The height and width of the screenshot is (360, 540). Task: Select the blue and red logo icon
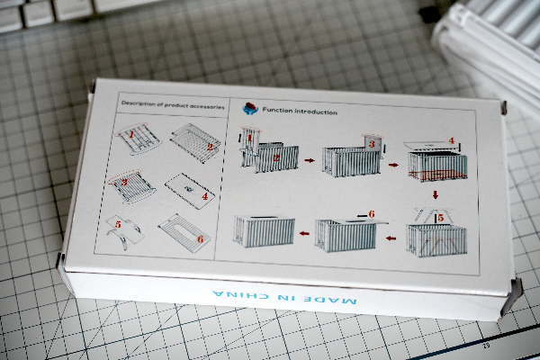click(x=250, y=108)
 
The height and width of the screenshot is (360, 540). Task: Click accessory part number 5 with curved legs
click(x=124, y=232)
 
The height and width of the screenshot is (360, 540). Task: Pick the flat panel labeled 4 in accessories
click(x=189, y=191)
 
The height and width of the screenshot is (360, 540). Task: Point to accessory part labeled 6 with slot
click(x=184, y=233)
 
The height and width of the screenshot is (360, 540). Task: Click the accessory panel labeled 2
click(x=195, y=142)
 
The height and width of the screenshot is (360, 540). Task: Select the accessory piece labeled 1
click(x=138, y=139)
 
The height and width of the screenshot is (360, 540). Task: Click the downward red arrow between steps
click(x=436, y=195)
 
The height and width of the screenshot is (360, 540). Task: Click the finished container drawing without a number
click(x=264, y=231)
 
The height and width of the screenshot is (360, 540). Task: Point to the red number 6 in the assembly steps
click(x=372, y=214)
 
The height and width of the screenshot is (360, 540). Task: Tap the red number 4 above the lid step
click(x=452, y=140)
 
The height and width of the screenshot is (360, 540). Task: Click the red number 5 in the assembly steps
click(x=441, y=218)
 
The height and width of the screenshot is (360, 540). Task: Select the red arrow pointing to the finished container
click(x=304, y=234)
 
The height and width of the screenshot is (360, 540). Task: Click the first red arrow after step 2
click(x=310, y=160)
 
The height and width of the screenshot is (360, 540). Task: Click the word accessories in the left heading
click(x=207, y=107)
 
